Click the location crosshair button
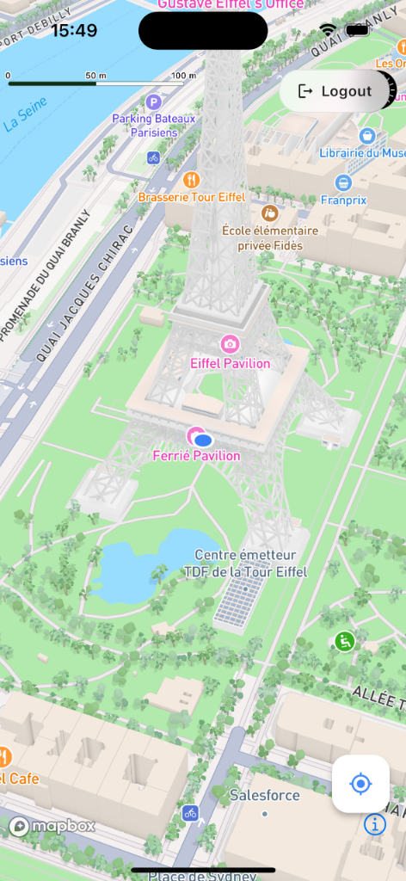point(360,784)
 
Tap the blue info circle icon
point(375,824)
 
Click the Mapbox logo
point(52,827)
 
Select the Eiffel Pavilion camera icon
point(230,345)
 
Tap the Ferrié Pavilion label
point(196,456)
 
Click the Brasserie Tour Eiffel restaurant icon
point(192,180)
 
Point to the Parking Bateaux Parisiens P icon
point(154,102)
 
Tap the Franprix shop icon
point(344,182)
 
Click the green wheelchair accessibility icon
point(344,641)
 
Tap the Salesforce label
point(264,795)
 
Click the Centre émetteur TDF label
point(245,563)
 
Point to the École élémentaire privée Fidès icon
point(270,213)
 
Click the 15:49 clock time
point(74,31)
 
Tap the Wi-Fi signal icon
point(328,30)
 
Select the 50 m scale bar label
point(95,76)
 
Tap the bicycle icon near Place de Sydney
point(190,812)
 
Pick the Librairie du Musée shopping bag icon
point(367,136)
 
